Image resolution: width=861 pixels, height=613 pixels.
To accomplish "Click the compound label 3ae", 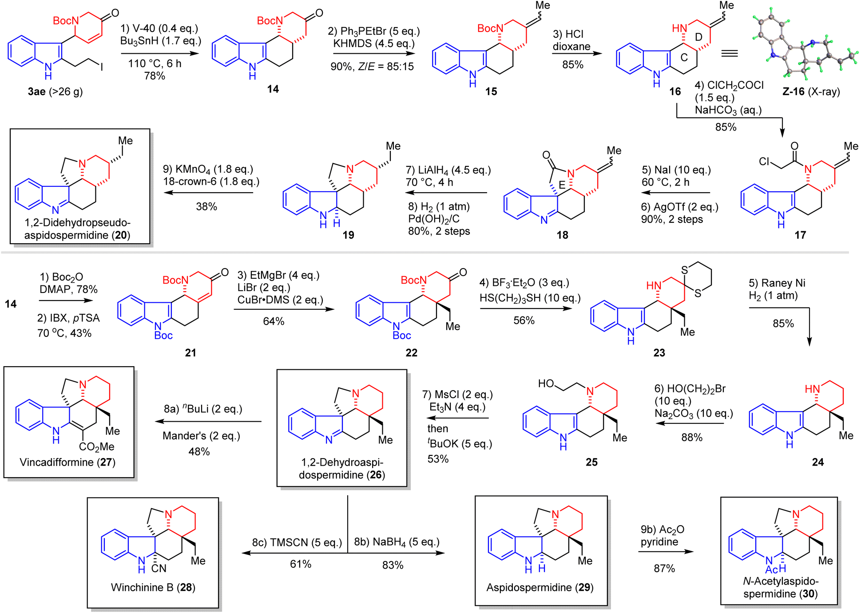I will coord(37,92).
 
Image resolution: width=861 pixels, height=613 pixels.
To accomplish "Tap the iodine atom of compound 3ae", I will coord(102,67).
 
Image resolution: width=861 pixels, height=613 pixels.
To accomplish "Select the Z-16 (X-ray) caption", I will coord(811,92).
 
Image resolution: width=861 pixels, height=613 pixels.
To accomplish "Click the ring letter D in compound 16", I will coord(698,37).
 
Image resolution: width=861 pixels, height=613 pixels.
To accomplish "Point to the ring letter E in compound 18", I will coord(562,185).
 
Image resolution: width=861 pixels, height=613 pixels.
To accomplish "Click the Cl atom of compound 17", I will coord(764,161).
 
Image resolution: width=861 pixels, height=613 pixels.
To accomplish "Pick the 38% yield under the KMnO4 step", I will coord(206,207).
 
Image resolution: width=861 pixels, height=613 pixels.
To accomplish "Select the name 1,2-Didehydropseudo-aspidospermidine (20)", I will coord(77,229).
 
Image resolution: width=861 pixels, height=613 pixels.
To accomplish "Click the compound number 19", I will coord(348,235).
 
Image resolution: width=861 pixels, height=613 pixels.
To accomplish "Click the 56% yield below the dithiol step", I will coord(524,321).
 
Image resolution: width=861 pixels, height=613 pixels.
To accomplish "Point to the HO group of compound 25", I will coord(546,384).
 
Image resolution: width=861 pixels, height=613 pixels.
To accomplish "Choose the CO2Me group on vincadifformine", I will coord(96,447).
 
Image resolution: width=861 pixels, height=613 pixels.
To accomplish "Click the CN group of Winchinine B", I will coord(159,569).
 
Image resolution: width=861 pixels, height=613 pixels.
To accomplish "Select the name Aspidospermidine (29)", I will coord(540,588).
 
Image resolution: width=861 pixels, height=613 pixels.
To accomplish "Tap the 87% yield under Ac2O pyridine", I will coord(664,569).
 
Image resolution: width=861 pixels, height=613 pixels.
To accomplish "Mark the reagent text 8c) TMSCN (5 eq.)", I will coord(297,542).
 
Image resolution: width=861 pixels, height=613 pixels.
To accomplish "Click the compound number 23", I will coord(659,353).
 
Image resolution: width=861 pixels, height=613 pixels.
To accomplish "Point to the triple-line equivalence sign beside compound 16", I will coord(729,54).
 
